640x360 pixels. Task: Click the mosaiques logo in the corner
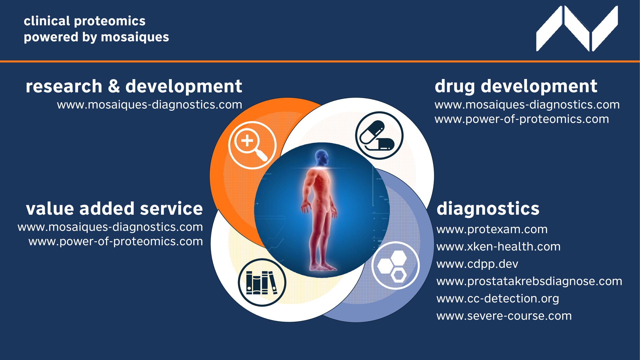577,29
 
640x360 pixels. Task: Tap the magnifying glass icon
252,145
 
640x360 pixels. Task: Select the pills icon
379,135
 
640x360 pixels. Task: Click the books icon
262,282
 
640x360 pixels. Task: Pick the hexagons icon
395,265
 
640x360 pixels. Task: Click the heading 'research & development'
134,86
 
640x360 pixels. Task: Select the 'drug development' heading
516,86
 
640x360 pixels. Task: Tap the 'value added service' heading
114,209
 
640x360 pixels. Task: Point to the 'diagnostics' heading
488,209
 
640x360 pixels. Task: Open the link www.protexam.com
492,229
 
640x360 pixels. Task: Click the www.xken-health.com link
498,247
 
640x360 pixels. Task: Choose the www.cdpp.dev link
477,264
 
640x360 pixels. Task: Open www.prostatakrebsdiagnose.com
529,281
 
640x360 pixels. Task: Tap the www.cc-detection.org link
498,299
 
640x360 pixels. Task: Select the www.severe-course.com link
504,316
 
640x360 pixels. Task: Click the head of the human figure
322,157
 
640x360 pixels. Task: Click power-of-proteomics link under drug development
522,119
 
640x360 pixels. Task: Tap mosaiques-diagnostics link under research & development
150,105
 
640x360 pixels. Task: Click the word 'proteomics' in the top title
110,21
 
